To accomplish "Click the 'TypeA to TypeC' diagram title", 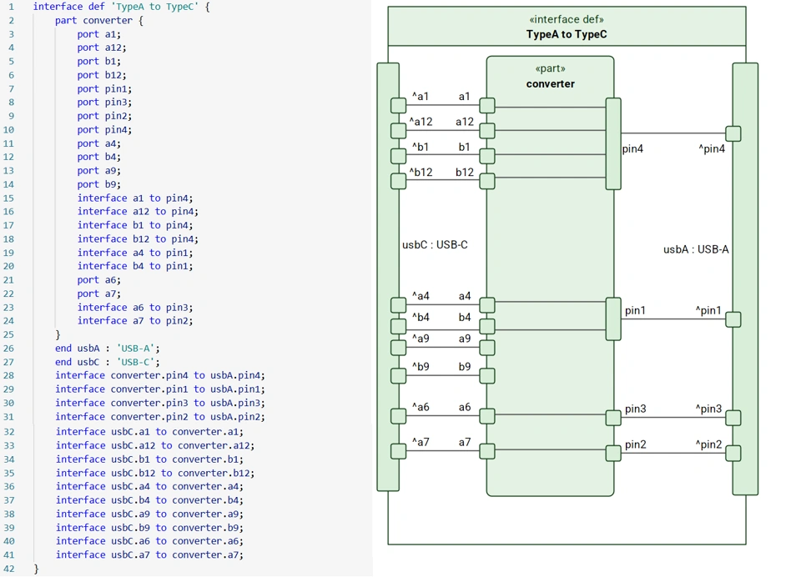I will [x=567, y=34].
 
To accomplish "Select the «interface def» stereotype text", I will [x=567, y=19].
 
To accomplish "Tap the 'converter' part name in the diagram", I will [x=550, y=83].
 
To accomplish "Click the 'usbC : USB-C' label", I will [x=435, y=245].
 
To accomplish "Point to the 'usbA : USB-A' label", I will [x=696, y=248].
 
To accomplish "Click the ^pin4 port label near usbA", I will [x=711, y=149].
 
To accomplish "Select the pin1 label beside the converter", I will [x=635, y=310].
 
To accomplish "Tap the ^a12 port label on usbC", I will [x=421, y=122].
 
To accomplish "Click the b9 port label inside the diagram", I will [x=465, y=367].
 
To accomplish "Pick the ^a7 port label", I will [x=421, y=442].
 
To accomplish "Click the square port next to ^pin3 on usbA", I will [x=733, y=418].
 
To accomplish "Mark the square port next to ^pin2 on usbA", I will [x=733, y=454].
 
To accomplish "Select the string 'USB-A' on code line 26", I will [x=137, y=348].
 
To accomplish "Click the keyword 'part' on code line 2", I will [x=66, y=20].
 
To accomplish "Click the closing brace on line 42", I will [x=36, y=569].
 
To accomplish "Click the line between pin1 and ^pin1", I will [x=673, y=319].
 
